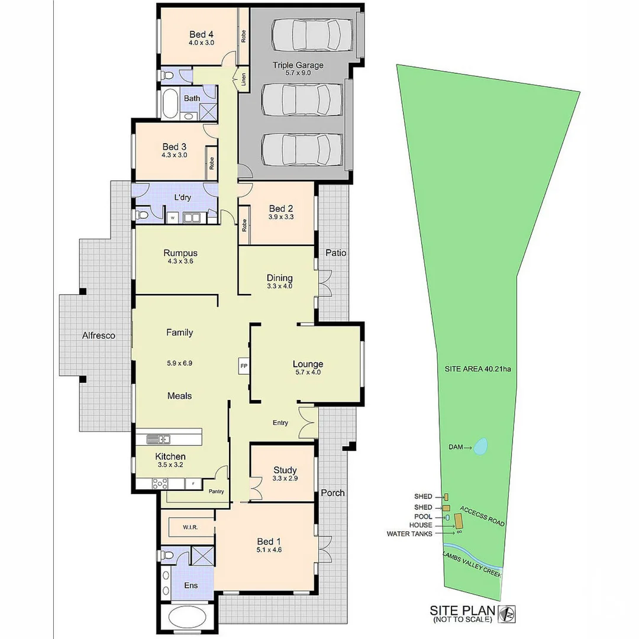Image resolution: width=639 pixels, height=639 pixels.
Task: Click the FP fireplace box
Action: click(244, 366)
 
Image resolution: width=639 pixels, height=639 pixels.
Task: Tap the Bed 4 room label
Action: click(201, 35)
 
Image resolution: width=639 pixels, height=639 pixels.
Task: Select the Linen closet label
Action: click(244, 79)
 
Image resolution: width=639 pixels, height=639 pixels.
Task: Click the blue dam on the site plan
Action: click(480, 447)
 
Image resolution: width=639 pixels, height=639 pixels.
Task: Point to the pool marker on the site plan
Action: click(447, 518)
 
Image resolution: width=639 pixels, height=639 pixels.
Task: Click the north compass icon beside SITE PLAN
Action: click(506, 614)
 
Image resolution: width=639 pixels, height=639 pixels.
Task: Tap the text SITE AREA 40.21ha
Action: click(477, 369)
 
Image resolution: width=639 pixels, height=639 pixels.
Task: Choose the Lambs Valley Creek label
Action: click(472, 564)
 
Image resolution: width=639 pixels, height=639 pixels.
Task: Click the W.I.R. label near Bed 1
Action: click(191, 527)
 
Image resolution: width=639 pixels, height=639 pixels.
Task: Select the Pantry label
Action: click(217, 491)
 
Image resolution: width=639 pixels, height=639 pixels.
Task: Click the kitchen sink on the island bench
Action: click(159, 439)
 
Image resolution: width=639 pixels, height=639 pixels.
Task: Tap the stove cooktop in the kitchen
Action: click(159, 484)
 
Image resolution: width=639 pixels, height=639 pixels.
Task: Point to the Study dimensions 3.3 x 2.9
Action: click(285, 479)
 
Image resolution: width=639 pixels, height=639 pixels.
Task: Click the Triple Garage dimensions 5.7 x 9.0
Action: click(298, 73)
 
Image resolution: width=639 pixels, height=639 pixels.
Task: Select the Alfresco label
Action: click(99, 335)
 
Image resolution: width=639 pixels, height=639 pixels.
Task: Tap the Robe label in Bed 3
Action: click(211, 164)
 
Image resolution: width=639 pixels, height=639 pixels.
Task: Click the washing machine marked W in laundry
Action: click(173, 218)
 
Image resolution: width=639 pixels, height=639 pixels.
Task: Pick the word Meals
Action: click(179, 396)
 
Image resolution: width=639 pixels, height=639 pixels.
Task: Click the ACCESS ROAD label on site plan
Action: click(483, 516)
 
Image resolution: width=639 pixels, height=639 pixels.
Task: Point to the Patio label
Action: click(336, 253)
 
